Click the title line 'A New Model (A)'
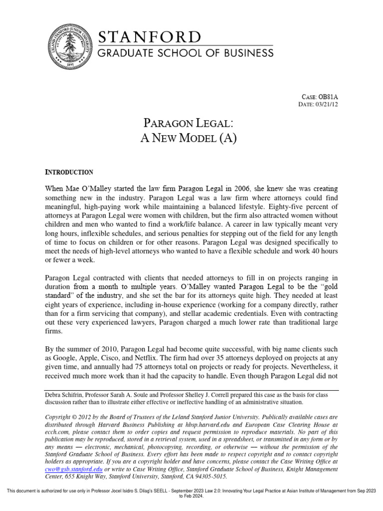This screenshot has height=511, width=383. [x=191, y=138]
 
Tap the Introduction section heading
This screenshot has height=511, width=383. [x=69, y=172]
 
